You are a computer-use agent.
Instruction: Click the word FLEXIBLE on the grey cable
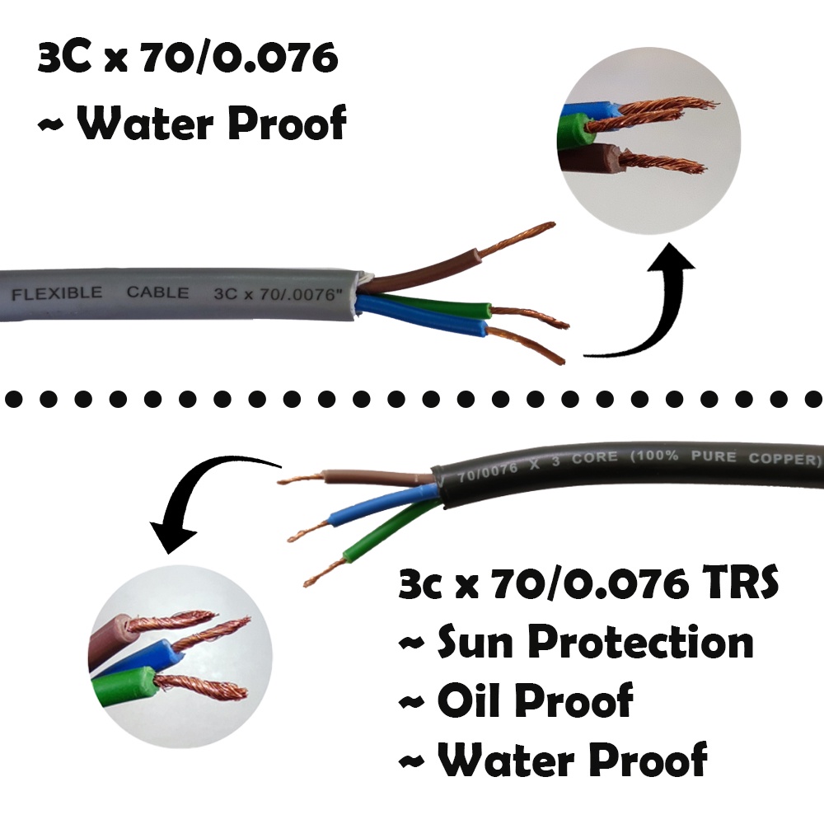click(x=57, y=293)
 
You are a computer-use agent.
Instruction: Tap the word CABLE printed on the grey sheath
click(x=157, y=293)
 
